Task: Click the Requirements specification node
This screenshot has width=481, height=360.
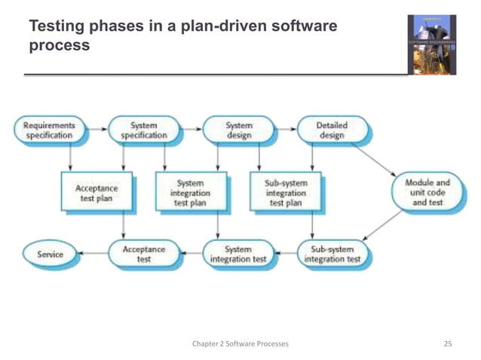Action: pyautogui.click(x=50, y=130)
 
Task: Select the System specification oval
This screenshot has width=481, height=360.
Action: pyautogui.click(x=144, y=130)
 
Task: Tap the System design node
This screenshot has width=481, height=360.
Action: pyautogui.click(x=239, y=130)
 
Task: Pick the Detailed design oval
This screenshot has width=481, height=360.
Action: pyautogui.click(x=332, y=130)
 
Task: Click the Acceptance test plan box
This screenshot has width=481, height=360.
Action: pyautogui.click(x=96, y=194)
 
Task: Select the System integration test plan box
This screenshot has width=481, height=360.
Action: pyautogui.click(x=190, y=193)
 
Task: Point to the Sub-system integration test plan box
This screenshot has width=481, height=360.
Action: pyautogui.click(x=286, y=193)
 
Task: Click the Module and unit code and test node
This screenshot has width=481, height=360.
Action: pyautogui.click(x=427, y=193)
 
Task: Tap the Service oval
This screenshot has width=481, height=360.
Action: pyautogui.click(x=51, y=255)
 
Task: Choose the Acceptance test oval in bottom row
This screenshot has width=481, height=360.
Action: pyautogui.click(x=144, y=255)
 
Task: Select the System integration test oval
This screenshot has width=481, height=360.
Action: pyautogui.click(x=238, y=255)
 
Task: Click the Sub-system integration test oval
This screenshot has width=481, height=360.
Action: pyautogui.click(x=332, y=255)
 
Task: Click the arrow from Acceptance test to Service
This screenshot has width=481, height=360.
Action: pyautogui.click(x=94, y=255)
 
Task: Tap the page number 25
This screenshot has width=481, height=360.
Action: pyautogui.click(x=448, y=343)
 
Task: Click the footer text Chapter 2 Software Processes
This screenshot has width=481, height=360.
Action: pyautogui.click(x=240, y=343)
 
